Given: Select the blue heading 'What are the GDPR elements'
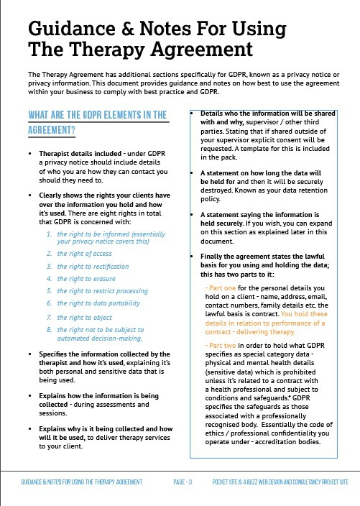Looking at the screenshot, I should point(96,115).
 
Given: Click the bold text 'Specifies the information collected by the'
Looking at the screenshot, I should point(104,354).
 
